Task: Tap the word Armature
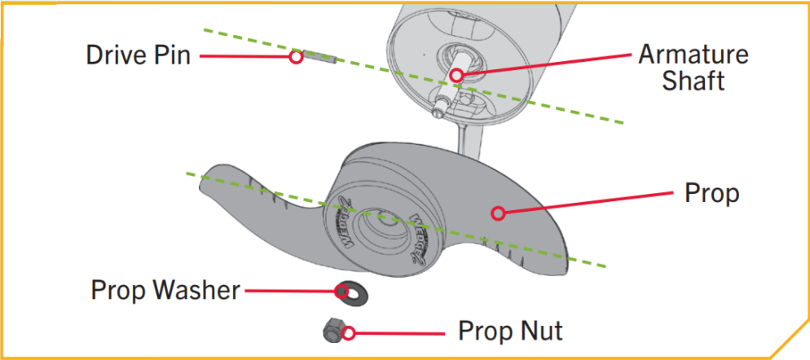click(693, 55)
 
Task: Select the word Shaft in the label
click(693, 81)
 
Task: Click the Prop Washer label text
click(165, 290)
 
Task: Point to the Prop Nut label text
click(510, 331)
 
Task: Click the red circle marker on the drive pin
click(297, 57)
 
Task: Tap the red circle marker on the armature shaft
click(456, 76)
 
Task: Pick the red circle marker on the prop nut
click(349, 332)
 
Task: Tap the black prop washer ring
click(349, 290)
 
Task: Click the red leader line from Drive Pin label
click(244, 56)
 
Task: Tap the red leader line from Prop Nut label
click(399, 332)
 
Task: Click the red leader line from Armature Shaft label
click(546, 65)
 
